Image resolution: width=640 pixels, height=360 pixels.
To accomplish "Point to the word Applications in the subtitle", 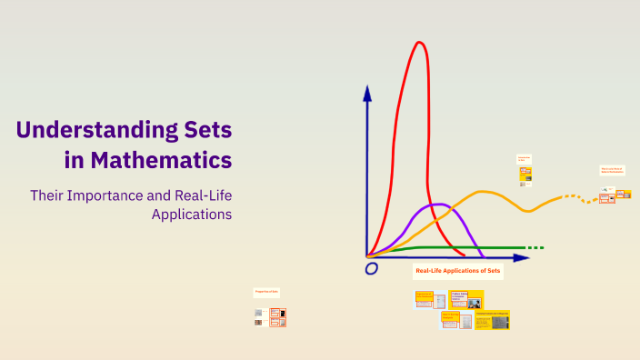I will (x=192, y=215).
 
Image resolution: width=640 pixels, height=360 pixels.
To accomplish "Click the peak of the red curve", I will (x=419, y=43).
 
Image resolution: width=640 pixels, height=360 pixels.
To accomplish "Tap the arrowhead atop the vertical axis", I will (x=367, y=93).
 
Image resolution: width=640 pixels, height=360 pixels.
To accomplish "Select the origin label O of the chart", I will (x=371, y=269).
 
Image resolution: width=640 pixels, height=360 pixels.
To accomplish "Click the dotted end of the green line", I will (x=535, y=247).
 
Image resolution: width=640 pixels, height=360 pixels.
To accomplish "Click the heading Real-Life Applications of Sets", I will (x=457, y=271).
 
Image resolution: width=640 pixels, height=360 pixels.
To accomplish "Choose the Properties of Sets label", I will (x=267, y=292).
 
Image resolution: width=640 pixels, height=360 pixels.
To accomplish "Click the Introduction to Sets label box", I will (x=525, y=158).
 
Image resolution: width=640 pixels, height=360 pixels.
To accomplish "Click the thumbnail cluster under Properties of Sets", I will (x=270, y=316).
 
